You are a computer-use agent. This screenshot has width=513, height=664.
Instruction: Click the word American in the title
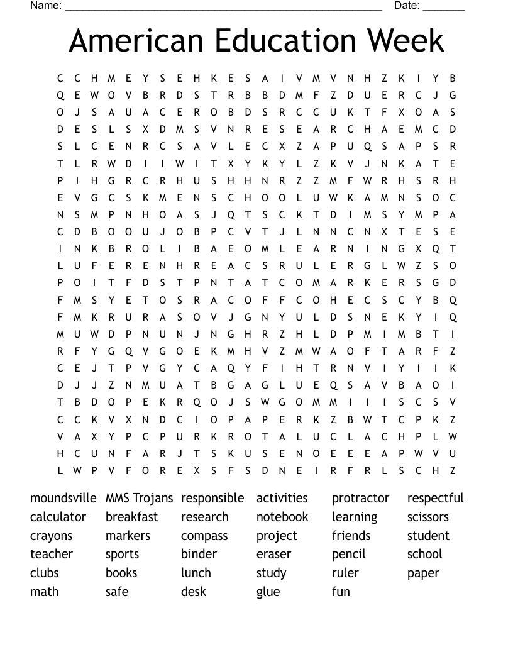tap(136, 41)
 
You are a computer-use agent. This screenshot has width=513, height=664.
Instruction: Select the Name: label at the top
tap(46, 6)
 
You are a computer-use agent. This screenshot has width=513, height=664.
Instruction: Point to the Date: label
tap(407, 6)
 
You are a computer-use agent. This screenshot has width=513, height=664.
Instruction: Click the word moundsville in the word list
tap(63, 498)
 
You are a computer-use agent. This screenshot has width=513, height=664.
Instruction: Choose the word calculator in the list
tap(58, 517)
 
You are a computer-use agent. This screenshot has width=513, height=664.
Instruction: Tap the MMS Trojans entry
tap(139, 498)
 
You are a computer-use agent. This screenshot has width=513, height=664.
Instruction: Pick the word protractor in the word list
tap(360, 498)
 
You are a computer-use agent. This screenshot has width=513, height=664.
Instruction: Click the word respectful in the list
tap(435, 498)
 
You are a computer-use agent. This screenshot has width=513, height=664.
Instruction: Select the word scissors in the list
tap(427, 517)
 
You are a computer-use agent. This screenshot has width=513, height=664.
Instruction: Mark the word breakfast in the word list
tap(131, 517)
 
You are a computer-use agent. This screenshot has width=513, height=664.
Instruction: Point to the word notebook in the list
tap(282, 517)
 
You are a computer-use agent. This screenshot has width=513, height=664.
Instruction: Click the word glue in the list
tap(268, 592)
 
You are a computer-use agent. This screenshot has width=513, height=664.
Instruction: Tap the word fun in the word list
tap(341, 592)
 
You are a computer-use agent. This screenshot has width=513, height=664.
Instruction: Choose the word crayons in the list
tap(51, 536)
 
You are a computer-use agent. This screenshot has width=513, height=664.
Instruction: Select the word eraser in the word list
tap(273, 555)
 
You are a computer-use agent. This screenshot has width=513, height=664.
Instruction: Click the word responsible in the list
tap(212, 498)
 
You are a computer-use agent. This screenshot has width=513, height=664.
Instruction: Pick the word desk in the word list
tap(194, 592)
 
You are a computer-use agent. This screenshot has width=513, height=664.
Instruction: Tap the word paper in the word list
tap(423, 573)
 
